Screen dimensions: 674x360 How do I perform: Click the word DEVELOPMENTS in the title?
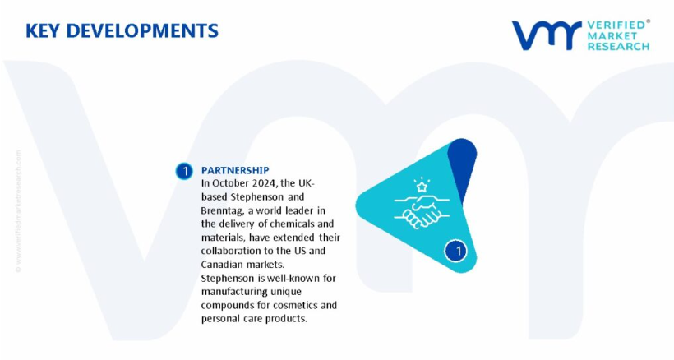[142, 31]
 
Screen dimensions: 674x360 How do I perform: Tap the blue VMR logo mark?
[547, 35]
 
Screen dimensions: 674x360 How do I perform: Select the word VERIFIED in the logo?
[616, 25]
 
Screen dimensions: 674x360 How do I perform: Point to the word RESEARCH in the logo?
[618, 46]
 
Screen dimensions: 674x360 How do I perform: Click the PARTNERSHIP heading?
[235, 170]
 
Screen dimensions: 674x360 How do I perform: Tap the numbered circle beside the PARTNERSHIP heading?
[184, 171]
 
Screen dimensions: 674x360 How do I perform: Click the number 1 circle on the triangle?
[455, 251]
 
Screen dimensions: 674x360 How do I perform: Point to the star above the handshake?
[422, 187]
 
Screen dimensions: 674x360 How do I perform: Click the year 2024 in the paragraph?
[264, 183]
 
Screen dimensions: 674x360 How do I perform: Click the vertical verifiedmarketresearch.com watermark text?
[18, 211]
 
